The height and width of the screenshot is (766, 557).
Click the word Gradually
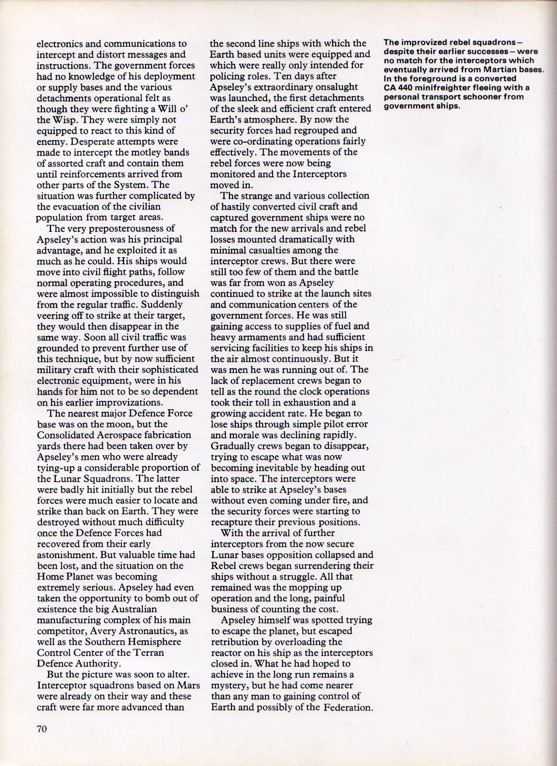point(232,446)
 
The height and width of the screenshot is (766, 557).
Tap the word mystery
point(231,686)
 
